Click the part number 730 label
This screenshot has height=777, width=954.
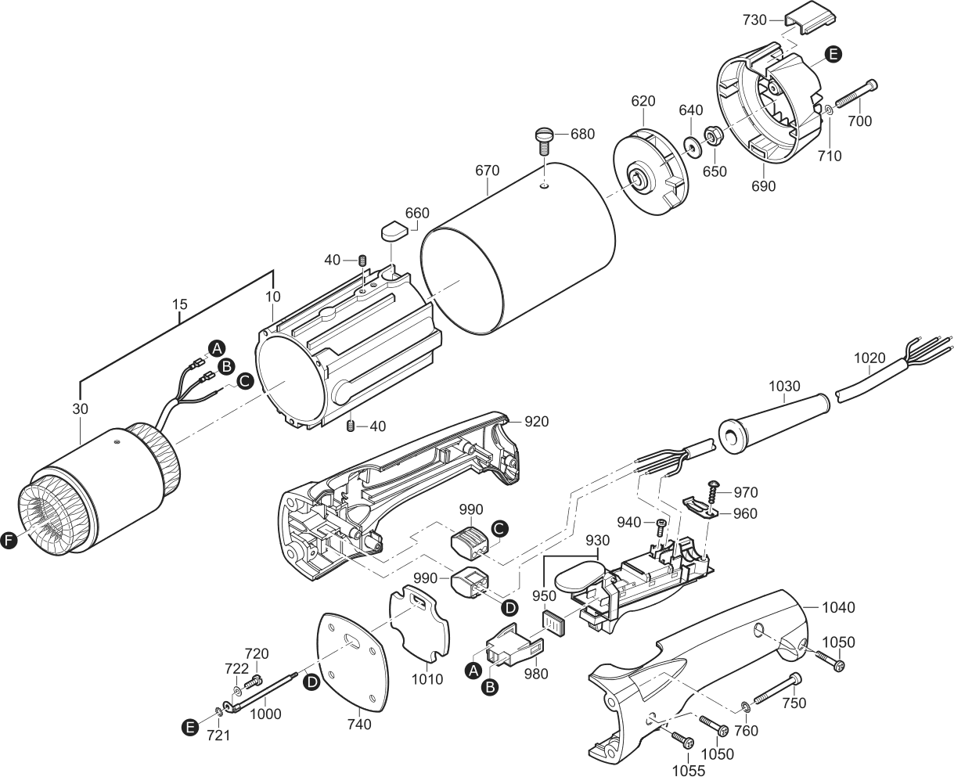tap(754, 20)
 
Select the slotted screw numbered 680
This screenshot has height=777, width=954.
tap(545, 141)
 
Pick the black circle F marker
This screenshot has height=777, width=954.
tap(9, 541)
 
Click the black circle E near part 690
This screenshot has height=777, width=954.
tap(833, 55)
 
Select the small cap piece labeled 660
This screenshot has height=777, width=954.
tap(394, 232)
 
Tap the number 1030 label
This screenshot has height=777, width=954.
tap(784, 386)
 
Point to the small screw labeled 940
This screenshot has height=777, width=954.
tap(661, 527)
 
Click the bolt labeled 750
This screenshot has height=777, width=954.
tap(778, 689)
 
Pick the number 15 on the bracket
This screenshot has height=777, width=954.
tap(179, 304)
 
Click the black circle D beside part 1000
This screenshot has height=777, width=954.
tap(311, 682)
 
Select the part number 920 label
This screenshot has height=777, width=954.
tap(536, 422)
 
